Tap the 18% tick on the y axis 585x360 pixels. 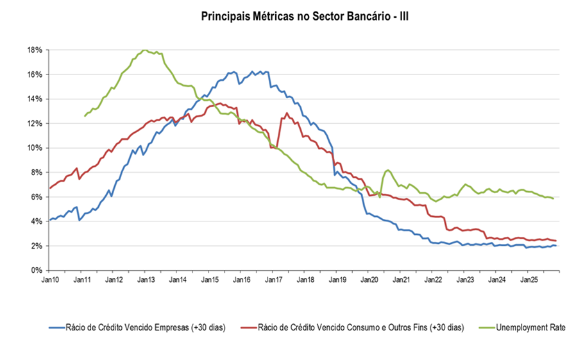35,50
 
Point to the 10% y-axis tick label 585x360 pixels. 35,148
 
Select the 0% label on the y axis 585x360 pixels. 37,270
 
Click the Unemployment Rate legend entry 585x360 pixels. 530,327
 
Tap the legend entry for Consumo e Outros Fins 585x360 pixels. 360,327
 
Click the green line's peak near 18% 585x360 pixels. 144,50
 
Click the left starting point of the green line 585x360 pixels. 85,116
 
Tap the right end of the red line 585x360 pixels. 555,241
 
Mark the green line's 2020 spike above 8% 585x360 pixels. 389,170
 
